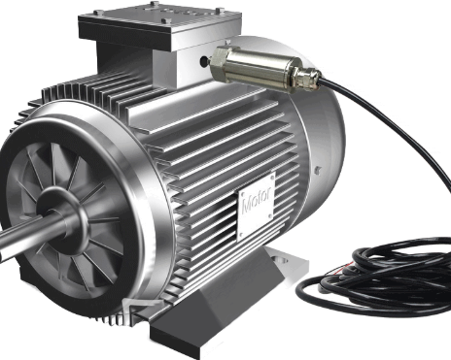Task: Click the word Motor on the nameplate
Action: (257, 201)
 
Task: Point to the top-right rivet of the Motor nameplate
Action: (272, 178)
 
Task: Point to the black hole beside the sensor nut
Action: (204, 61)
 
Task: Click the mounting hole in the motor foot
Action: (281, 260)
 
